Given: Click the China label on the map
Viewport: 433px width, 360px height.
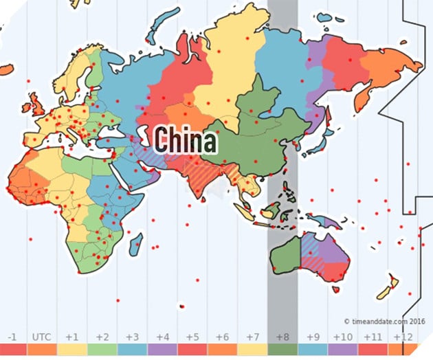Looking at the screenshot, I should tap(185, 139).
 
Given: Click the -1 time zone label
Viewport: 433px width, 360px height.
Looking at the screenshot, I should tap(12, 337).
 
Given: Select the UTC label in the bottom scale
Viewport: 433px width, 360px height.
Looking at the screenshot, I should tap(41, 337).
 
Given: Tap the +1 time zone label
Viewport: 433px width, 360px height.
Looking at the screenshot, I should tap(72, 337).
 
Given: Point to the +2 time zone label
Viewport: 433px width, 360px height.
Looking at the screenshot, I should tap(102, 337).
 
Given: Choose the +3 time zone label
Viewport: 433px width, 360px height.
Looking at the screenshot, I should tap(133, 337).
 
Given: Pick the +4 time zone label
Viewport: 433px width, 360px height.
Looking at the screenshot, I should tap(162, 337).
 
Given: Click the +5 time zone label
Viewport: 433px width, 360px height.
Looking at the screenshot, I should tap(192, 337).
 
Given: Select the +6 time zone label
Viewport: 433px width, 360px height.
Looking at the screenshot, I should tap(222, 337).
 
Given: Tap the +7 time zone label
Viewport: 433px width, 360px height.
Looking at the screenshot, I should tap(252, 337).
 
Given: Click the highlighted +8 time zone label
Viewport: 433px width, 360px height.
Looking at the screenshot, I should tap(282, 337).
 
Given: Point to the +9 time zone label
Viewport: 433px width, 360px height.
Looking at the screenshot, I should tap(312, 337).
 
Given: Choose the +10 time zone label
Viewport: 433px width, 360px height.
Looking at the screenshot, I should tap(342, 337).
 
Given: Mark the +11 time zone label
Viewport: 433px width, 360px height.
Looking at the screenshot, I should tap(372, 337).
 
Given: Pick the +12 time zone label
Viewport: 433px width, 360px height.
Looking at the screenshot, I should tap(402, 337).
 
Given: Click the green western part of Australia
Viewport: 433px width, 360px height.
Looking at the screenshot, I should tap(285, 256).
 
